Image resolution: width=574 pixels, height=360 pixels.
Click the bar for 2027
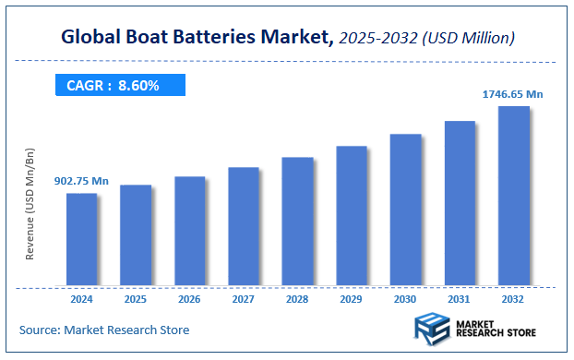pos(244,225)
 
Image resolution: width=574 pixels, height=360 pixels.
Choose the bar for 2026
pos(189,230)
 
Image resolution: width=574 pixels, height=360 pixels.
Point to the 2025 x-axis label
pos(136,299)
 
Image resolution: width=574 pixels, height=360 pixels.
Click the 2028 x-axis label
pos(297,299)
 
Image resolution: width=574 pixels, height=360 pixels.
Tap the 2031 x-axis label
pos(460,299)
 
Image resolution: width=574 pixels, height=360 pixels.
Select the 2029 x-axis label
pos(352,299)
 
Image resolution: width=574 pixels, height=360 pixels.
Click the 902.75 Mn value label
pos(81,181)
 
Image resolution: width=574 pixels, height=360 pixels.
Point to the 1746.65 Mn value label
pos(514,94)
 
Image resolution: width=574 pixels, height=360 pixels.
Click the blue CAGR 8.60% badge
pos(119,86)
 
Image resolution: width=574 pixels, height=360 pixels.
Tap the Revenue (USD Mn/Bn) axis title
pos(30,203)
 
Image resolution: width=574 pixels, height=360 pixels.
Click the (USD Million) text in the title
pos(467,39)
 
